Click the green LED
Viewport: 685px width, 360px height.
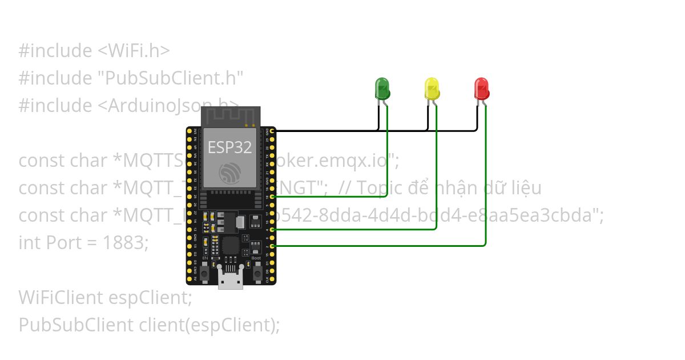(381, 88)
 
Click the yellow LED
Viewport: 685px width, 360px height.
(432, 88)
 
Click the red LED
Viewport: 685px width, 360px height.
(482, 88)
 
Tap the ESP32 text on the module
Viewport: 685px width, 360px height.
(229, 147)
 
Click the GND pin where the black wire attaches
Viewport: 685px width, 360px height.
(272, 131)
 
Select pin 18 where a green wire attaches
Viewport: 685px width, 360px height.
(272, 197)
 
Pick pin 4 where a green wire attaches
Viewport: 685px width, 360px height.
(272, 229)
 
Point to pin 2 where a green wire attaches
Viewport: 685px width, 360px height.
(272, 246)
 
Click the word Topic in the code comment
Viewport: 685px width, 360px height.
(376, 188)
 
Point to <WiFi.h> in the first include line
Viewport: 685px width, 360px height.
(130, 51)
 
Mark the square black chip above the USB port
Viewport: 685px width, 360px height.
(231, 246)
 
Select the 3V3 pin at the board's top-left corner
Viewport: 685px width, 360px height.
(190, 131)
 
